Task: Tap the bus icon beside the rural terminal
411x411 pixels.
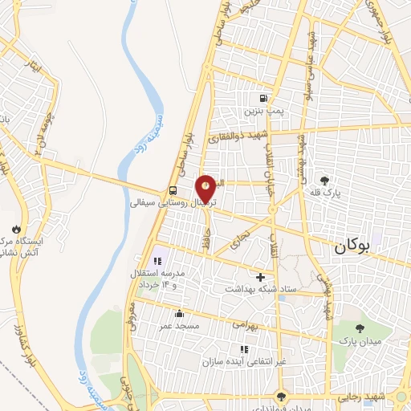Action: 173,190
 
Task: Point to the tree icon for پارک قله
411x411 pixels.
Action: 324,181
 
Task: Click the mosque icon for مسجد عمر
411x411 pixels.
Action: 178,314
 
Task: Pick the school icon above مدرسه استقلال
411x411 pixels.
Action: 157,259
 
